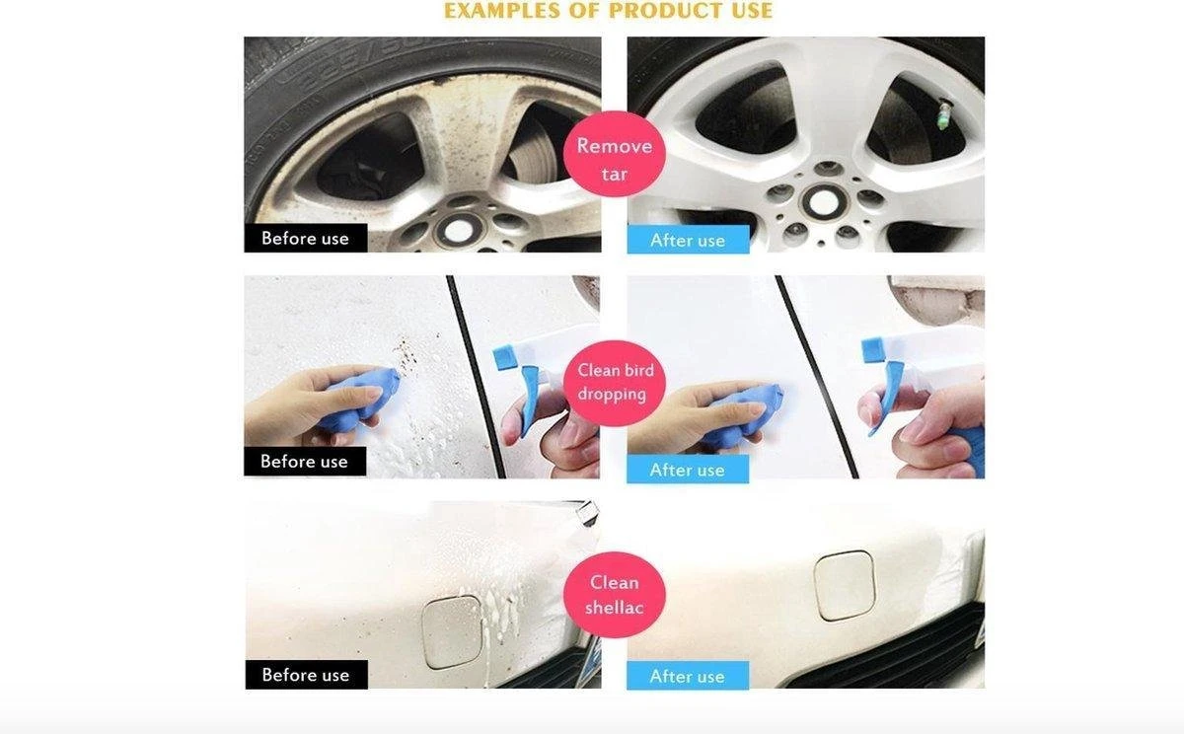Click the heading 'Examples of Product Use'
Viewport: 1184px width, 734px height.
608,11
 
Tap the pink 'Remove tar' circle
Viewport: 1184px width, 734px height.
614,154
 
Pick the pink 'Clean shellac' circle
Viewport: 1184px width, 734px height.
614,595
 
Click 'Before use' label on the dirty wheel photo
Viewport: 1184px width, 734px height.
306,238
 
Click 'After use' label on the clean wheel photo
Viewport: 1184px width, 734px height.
688,240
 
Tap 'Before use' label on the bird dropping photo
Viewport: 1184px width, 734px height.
305,462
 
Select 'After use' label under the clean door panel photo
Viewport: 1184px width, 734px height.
687,470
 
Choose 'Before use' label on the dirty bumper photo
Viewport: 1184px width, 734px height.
306,675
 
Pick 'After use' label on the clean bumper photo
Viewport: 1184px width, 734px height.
687,676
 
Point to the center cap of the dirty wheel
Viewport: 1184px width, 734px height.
458,231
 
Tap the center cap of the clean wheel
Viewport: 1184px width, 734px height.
824,201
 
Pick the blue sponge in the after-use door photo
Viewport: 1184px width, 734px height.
745,413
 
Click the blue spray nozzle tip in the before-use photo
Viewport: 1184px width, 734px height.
504,358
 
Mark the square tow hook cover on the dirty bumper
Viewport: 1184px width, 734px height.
453,631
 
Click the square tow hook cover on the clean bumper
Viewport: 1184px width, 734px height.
845,584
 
